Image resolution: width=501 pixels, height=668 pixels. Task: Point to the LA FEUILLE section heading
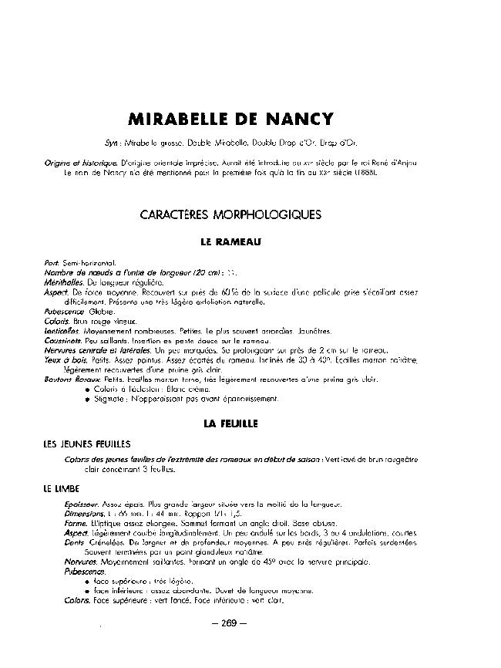click(230, 423)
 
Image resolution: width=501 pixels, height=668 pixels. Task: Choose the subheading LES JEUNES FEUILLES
click(87, 444)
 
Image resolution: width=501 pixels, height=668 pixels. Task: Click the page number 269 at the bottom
click(228, 623)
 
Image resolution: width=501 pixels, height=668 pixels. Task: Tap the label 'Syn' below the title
click(111, 143)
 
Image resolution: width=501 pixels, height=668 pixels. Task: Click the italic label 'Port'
click(52, 264)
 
